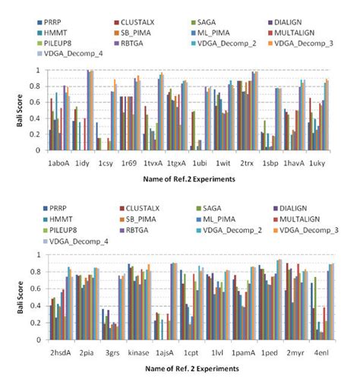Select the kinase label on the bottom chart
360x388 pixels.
[x=137, y=353]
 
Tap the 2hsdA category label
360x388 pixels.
[x=59, y=353]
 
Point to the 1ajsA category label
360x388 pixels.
[x=166, y=353]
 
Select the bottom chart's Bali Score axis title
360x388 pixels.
[x=21, y=304]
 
